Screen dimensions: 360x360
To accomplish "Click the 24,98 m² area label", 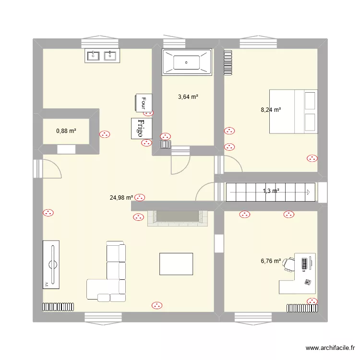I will pyautogui.click(x=121, y=197).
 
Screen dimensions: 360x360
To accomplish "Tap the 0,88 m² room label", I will pyautogui.click(x=66, y=131).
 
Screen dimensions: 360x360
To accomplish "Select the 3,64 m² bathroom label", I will pyautogui.click(x=188, y=97).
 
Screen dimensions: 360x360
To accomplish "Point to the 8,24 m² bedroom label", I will pyautogui.click(x=271, y=110).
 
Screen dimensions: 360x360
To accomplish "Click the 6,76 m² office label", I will pyautogui.click(x=271, y=261).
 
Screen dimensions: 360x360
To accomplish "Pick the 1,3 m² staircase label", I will pyautogui.click(x=271, y=191).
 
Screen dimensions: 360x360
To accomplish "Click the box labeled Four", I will pyautogui.click(x=144, y=102).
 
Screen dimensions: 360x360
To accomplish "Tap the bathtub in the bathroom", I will pyautogui.click(x=187, y=62).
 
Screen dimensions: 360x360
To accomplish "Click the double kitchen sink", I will pyautogui.click(x=102, y=56).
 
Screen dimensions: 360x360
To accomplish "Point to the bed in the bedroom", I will pyautogui.click(x=293, y=111).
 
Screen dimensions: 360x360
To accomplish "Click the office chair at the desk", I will pyautogui.click(x=288, y=264).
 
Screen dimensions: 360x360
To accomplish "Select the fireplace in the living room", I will pyautogui.click(x=178, y=217).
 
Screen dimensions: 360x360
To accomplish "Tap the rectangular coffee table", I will pyautogui.click(x=177, y=264).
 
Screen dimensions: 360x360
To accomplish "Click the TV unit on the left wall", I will pyautogui.click(x=52, y=265).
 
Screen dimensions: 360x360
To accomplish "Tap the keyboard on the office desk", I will pyautogui.click(x=304, y=264).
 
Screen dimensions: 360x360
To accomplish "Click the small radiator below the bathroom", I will pyautogui.click(x=166, y=144).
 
